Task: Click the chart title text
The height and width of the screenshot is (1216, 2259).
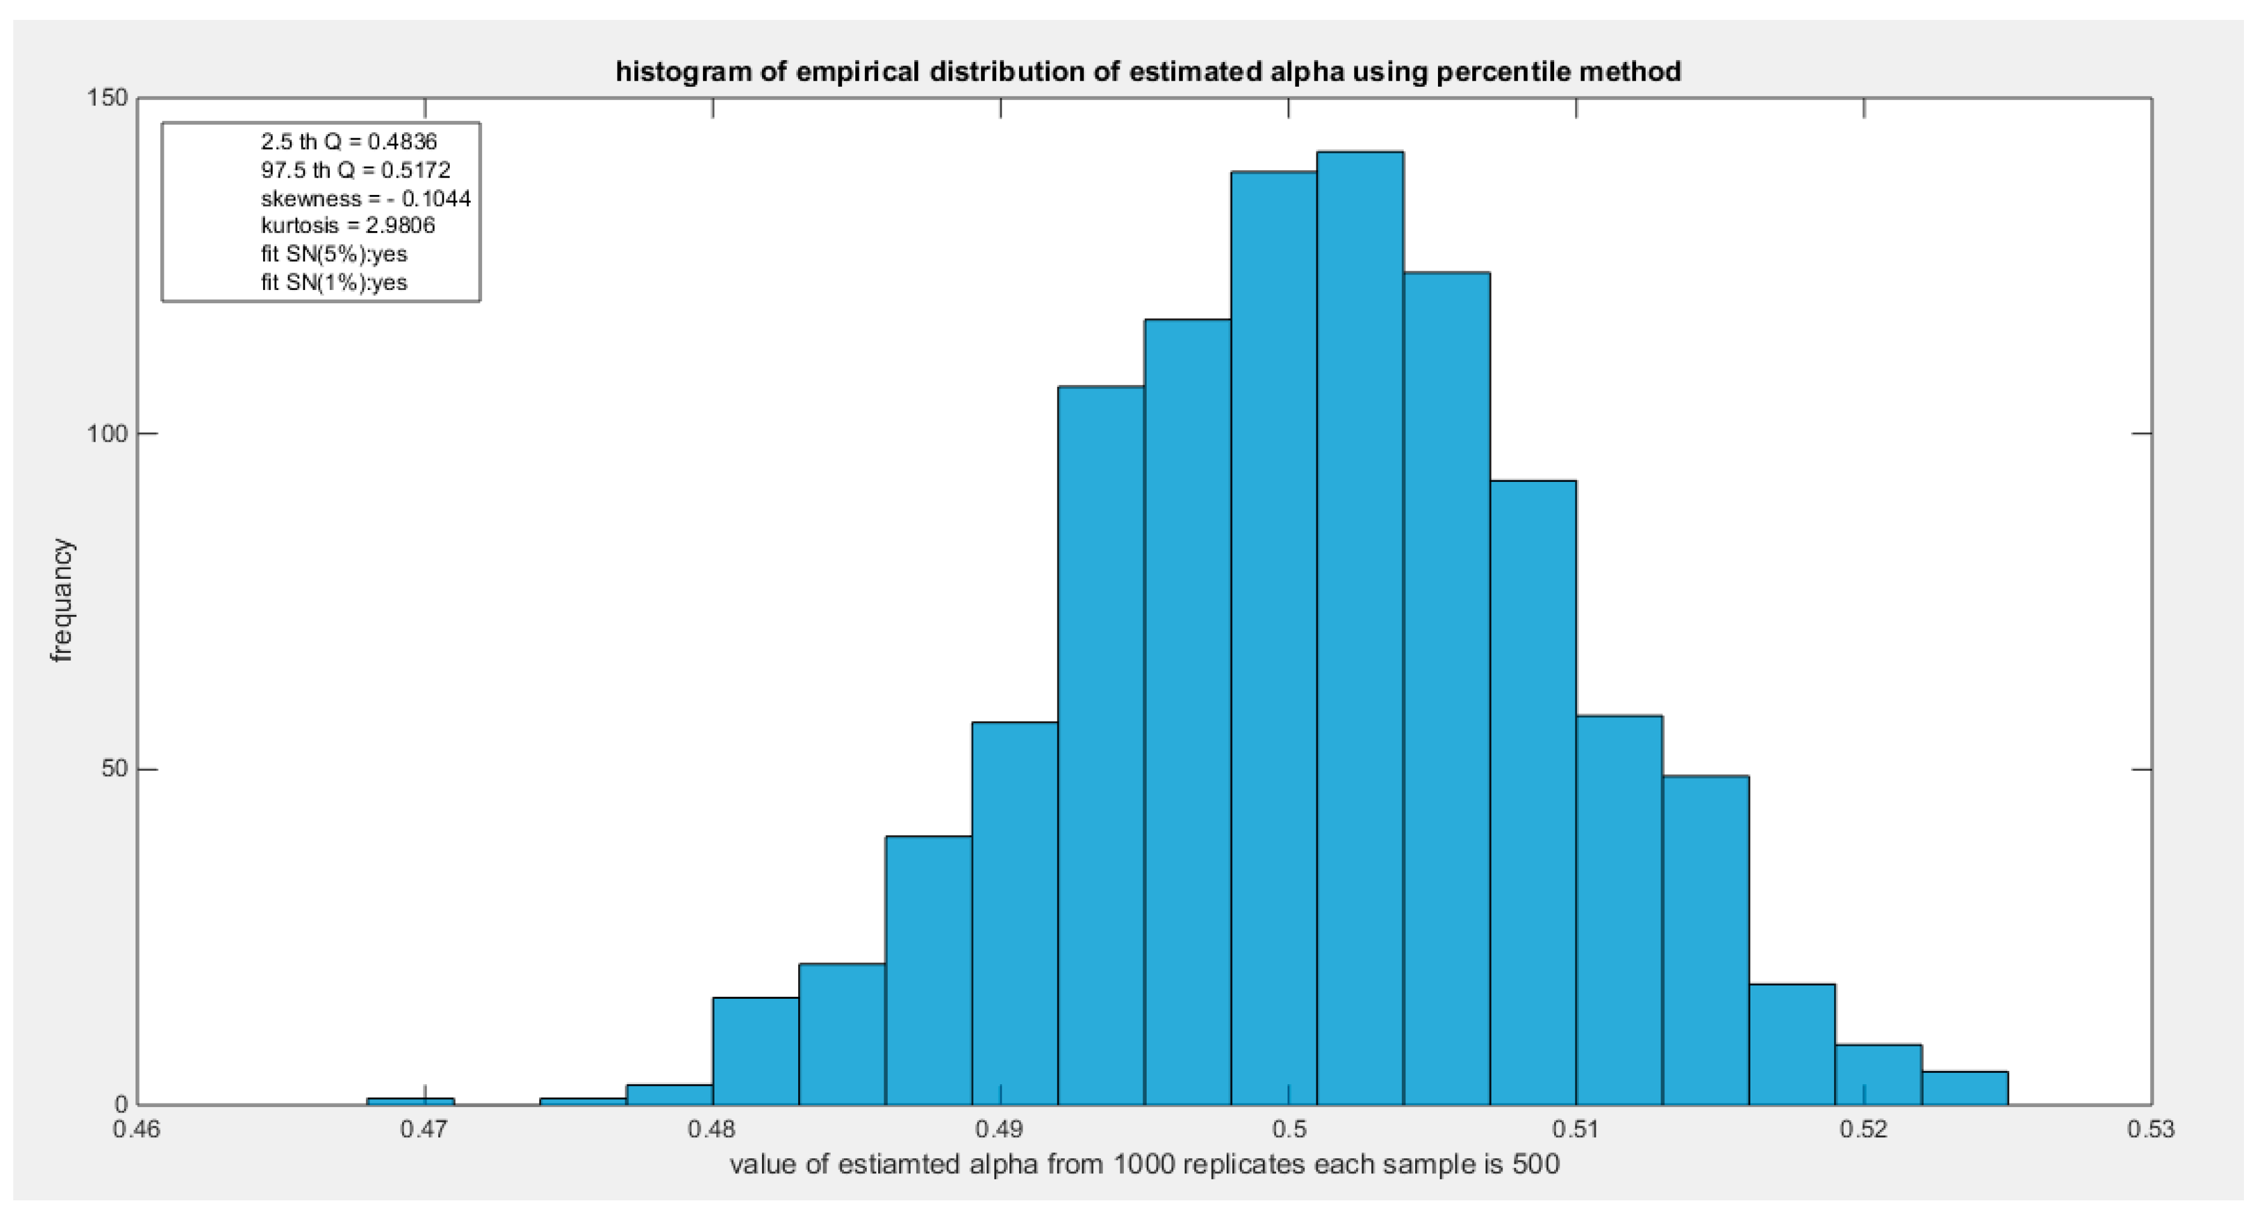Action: pos(1148,71)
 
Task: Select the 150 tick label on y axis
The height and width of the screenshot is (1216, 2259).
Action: pos(107,98)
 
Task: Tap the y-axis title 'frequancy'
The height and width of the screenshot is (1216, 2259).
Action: pos(61,600)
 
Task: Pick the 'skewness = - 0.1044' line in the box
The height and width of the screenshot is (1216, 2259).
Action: pos(365,198)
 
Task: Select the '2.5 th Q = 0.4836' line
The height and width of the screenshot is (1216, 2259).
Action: pos(348,141)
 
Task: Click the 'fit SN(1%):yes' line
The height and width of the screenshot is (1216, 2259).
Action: pos(333,282)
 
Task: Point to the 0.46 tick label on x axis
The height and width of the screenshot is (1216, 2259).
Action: pos(136,1130)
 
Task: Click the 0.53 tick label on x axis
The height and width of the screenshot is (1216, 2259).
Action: pos(2150,1130)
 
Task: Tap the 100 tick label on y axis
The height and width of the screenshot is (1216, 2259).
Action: pos(107,434)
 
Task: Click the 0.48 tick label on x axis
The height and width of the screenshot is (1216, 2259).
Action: pos(712,1130)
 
